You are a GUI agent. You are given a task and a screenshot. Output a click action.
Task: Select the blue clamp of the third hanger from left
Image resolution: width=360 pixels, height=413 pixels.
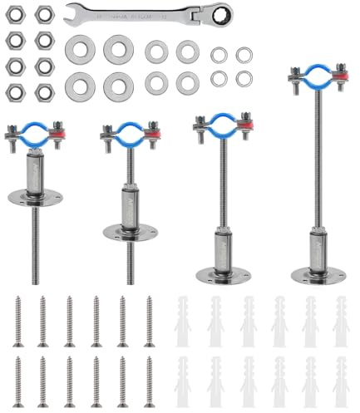tap(221, 125)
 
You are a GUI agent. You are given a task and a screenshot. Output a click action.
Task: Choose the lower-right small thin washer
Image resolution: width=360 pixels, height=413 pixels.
tap(244, 78)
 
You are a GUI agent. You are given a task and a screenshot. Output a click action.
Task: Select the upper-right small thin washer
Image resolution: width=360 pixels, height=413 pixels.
tap(244, 55)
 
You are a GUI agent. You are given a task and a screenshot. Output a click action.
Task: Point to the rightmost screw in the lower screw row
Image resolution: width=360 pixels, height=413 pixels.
tap(150, 381)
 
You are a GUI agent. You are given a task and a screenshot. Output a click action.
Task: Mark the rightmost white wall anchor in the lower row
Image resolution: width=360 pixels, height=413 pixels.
tap(340, 381)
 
